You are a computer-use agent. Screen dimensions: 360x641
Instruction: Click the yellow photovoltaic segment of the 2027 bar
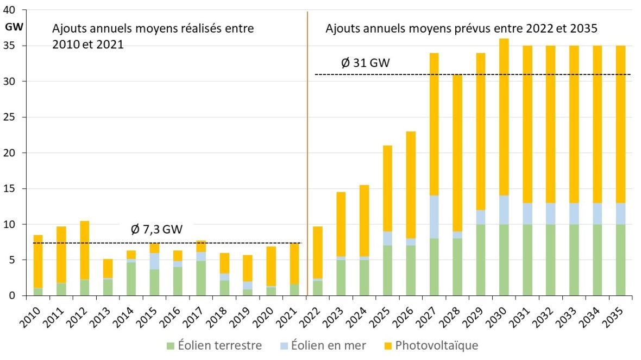tap(434, 124)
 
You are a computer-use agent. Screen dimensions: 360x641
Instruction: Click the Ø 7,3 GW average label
tap(156, 229)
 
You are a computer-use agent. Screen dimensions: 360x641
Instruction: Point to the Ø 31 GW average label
tap(365, 64)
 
